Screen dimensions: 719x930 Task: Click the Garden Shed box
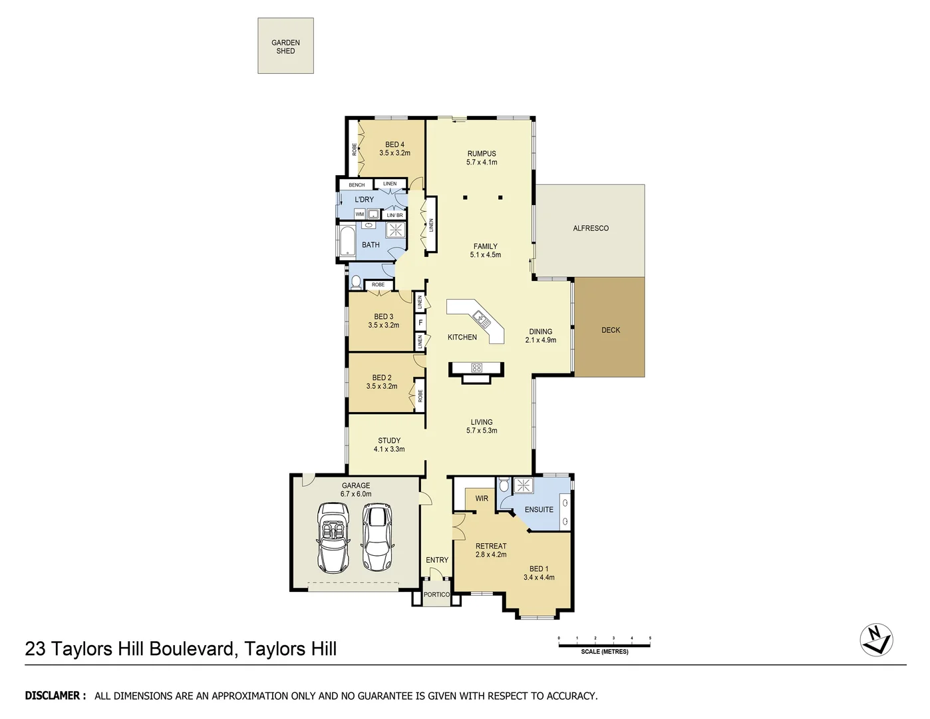[x=285, y=46]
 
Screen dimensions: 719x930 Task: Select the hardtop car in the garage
[x=377, y=537]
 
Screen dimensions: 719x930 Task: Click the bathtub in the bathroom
[x=347, y=241]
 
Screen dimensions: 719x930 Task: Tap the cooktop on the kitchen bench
[x=476, y=367]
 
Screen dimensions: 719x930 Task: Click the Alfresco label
[x=591, y=228]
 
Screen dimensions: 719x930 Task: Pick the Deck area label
[x=610, y=330]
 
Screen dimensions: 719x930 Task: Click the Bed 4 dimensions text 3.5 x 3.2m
[x=394, y=153]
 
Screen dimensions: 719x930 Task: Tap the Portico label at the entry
[x=436, y=595]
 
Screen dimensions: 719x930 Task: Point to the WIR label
[x=482, y=499]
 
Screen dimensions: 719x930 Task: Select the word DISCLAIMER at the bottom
[x=55, y=696]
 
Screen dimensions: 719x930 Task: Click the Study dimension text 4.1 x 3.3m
[x=389, y=449]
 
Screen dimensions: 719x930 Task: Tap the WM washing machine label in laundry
[x=359, y=214]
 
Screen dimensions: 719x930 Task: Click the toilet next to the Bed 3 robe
[x=355, y=282]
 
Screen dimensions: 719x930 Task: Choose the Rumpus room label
[x=482, y=154]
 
